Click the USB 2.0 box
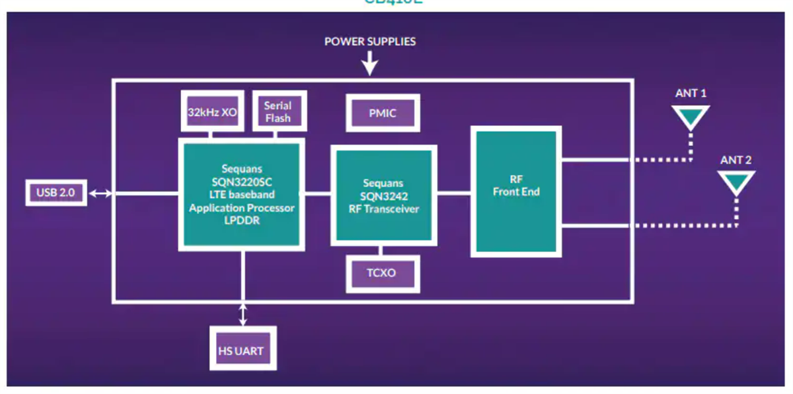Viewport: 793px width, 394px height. click(x=56, y=193)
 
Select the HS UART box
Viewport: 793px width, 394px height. click(x=242, y=350)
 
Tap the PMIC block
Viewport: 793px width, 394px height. click(x=383, y=114)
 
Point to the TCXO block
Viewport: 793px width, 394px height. click(x=383, y=273)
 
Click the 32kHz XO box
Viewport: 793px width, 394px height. click(x=211, y=112)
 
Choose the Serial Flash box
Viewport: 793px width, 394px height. click(x=278, y=111)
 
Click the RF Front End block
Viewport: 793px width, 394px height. click(x=516, y=191)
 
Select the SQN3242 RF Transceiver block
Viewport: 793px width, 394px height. click(x=383, y=195)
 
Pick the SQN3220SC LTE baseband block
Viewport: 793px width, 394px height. click(x=242, y=195)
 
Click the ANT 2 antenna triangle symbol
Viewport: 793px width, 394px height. click(x=736, y=181)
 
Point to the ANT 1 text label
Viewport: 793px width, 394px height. click(x=691, y=93)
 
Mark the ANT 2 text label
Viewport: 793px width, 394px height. click(x=736, y=160)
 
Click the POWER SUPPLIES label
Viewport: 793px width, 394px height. click(x=370, y=42)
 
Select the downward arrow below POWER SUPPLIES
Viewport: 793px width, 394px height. click(x=370, y=65)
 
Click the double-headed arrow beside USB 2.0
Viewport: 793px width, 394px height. click(x=101, y=193)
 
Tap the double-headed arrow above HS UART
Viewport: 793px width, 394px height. click(x=243, y=314)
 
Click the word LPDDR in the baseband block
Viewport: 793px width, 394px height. click(x=242, y=221)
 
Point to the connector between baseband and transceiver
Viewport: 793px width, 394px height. click(x=317, y=193)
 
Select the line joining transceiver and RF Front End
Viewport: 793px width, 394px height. click(x=454, y=193)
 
